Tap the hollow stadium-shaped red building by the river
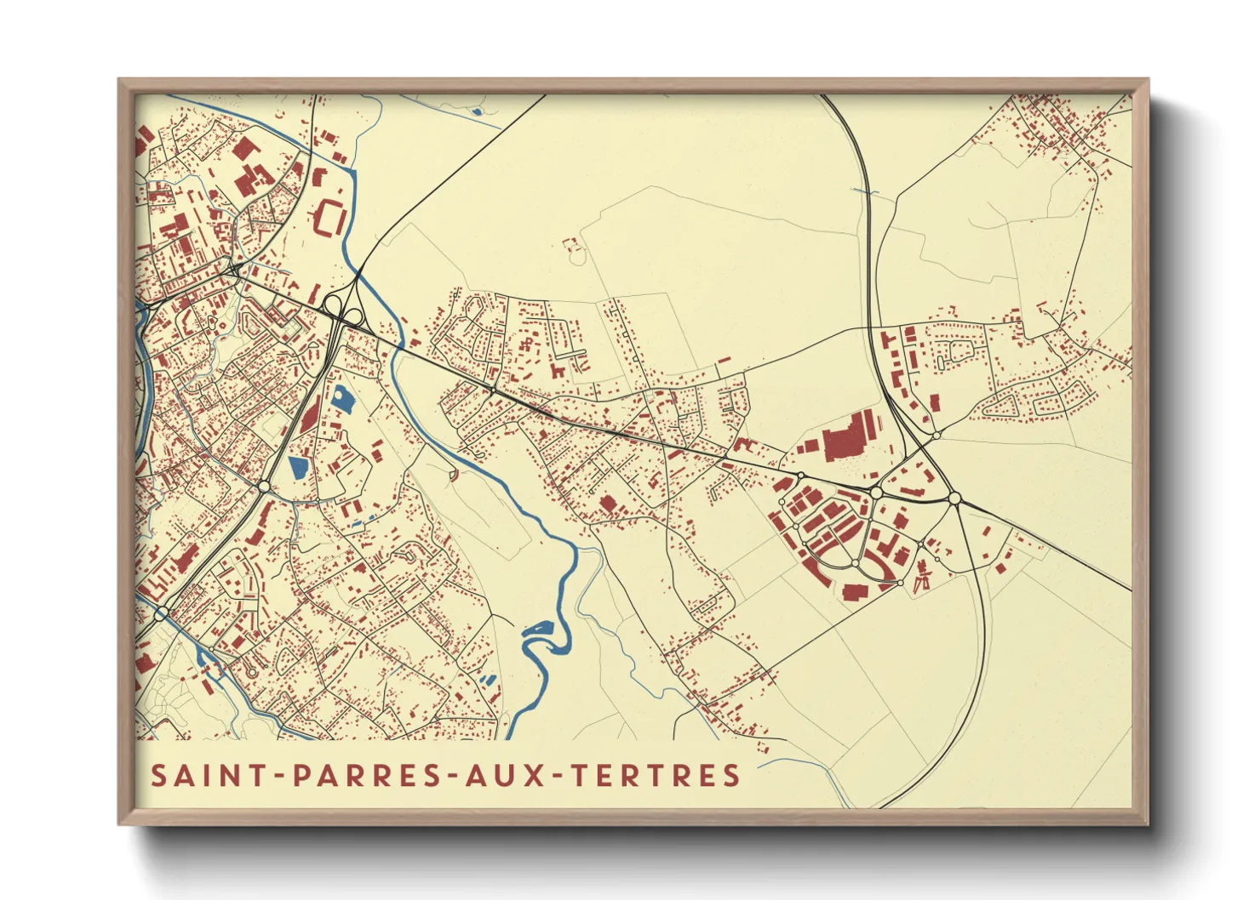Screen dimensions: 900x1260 329,219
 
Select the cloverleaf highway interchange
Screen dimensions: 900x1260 345,313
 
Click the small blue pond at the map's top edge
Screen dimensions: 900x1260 477,111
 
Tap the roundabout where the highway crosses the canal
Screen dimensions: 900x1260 161,613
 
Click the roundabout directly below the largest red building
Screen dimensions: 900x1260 875,493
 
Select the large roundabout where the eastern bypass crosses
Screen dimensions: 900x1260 954,498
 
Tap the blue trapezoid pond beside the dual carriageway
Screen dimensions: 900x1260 297,466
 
